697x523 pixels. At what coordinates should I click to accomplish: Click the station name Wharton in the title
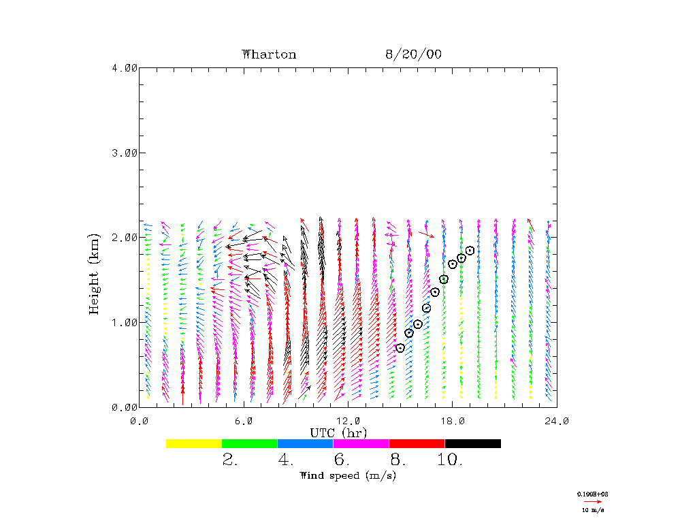point(269,54)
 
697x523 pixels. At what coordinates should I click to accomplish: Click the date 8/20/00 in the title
point(413,54)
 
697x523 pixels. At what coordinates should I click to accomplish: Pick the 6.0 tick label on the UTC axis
point(244,421)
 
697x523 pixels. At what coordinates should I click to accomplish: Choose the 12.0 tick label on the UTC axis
point(348,421)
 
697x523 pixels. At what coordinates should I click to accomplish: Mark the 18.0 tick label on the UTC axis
point(453,421)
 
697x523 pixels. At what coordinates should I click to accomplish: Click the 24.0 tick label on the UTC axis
point(556,421)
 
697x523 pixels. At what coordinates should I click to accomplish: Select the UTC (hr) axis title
point(338,433)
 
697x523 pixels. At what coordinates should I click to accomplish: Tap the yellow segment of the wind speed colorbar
point(194,443)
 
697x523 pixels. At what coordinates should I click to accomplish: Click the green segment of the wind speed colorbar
point(250,443)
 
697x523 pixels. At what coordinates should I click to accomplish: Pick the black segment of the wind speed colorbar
point(473,443)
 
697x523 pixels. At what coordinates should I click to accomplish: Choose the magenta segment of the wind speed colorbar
point(361,443)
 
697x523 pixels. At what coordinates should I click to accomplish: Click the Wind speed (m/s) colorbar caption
point(348,475)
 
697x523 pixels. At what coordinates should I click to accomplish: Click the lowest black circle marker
point(400,348)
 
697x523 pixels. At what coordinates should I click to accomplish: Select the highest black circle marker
point(470,251)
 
